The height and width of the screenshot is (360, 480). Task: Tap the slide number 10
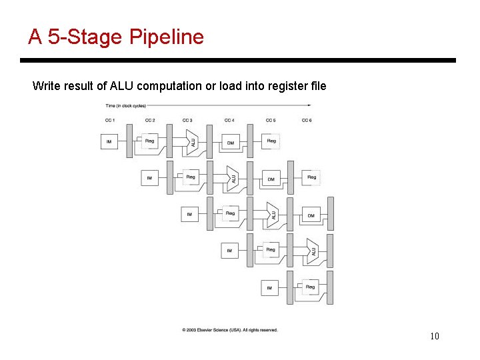434,336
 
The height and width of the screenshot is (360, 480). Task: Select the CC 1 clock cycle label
110,120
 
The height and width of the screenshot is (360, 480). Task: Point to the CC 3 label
187,120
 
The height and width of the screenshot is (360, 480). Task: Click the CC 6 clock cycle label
307,120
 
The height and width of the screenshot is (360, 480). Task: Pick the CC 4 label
229,120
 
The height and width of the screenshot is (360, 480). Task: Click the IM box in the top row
109,142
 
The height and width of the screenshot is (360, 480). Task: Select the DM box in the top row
230,142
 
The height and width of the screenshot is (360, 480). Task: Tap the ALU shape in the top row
192,142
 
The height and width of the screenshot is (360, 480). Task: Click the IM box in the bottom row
269,288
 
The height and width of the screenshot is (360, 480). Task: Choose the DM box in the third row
311,215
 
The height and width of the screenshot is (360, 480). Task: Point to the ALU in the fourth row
312,251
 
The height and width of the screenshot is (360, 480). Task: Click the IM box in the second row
149,178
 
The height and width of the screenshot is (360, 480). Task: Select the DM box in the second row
271,179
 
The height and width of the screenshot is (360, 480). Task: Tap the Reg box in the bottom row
310,287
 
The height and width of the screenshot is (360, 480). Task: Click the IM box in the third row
189,215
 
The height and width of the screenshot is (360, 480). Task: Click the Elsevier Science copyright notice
229,330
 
